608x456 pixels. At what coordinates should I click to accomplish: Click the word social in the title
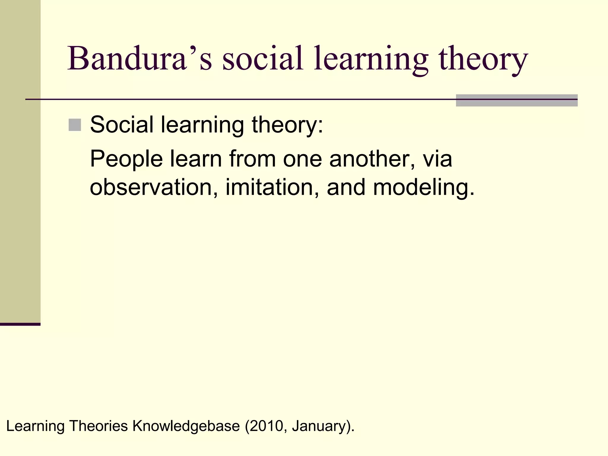pos(262,58)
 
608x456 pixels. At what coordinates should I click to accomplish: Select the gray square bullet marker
pos(75,125)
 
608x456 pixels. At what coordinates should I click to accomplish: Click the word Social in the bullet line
pos(122,124)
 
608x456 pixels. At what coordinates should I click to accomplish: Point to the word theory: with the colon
pos(287,125)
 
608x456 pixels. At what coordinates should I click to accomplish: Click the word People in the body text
pos(126,159)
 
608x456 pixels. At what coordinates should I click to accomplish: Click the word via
pos(437,159)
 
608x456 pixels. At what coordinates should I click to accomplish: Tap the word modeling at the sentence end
pos(423,188)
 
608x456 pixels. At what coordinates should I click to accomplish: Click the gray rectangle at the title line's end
pos(517,100)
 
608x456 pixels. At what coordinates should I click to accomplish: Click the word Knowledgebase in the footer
pos(186,426)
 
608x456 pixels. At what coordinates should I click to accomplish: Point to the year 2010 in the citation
pos(266,426)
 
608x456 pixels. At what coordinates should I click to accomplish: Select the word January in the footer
pos(318,426)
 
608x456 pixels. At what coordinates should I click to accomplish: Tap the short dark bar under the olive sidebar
pos(20,324)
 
